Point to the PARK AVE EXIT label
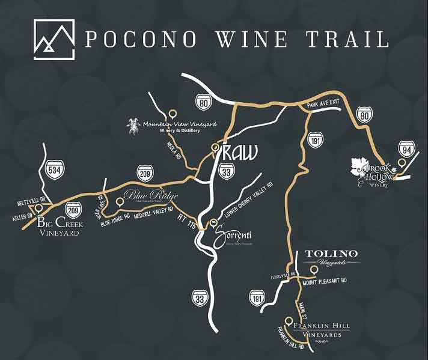323,103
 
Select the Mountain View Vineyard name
179,124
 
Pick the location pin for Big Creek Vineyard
39,208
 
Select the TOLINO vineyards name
332,254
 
